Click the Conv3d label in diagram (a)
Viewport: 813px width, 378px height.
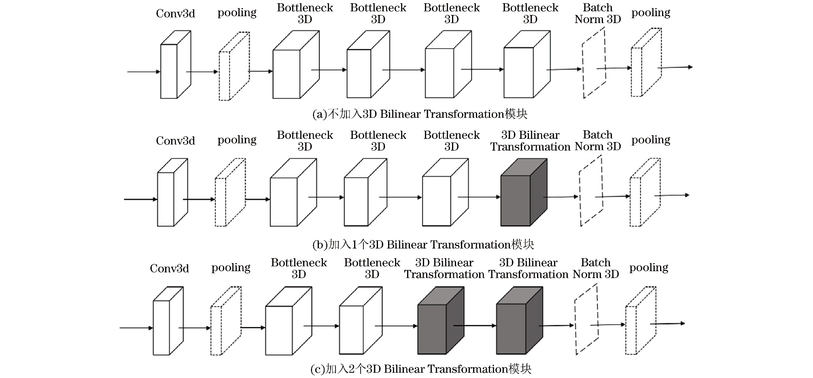(x=175, y=14)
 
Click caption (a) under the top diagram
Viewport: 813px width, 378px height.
(x=420, y=114)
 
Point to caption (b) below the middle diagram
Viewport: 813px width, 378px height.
(x=423, y=244)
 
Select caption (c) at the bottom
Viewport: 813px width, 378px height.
(x=420, y=369)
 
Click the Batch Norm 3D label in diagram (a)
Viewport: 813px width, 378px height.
(x=597, y=14)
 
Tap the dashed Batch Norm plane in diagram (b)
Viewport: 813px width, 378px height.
(x=591, y=191)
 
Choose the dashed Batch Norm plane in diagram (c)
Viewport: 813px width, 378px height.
(x=586, y=320)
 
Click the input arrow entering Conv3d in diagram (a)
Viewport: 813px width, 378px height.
(x=144, y=72)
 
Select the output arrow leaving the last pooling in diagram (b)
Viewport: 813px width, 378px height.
(x=672, y=195)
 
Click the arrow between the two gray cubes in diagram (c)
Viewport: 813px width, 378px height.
(x=474, y=325)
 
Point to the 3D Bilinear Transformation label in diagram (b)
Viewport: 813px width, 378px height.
(x=530, y=141)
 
